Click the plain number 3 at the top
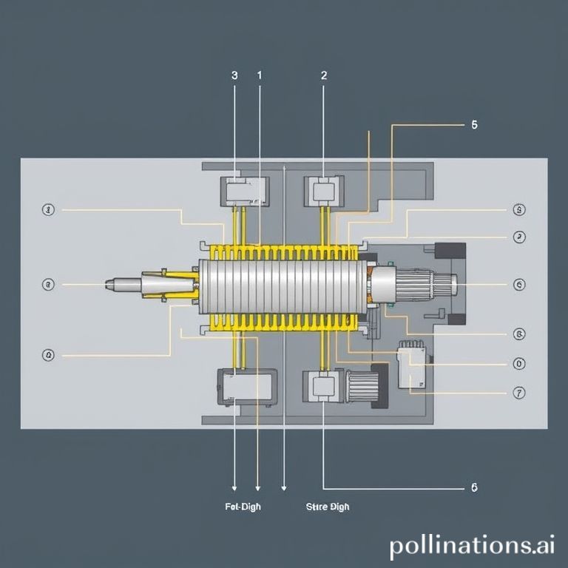click(234, 75)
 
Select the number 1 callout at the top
click(260, 75)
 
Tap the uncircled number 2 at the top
click(324, 75)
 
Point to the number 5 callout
click(474, 125)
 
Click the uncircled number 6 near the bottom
click(474, 487)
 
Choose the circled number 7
click(519, 393)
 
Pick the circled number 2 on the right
click(519, 237)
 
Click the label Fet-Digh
click(242, 507)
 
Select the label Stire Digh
click(327, 507)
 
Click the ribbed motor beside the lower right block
click(363, 385)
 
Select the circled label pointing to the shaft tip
click(49, 284)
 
